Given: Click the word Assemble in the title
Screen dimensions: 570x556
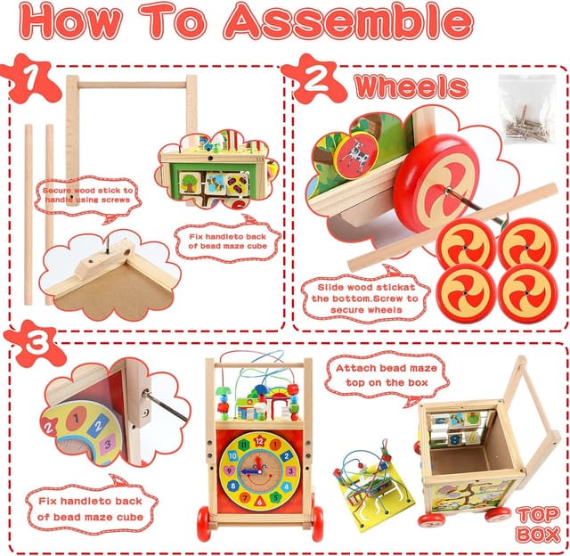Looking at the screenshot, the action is pos(348,21).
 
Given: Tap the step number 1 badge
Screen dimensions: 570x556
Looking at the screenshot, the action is pos(30,78).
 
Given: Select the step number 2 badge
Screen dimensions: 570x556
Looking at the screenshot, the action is pos(314,78).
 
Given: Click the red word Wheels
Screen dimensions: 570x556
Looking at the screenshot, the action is pos(411,87).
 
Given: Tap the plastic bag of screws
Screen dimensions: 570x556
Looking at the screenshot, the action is pos(527,109).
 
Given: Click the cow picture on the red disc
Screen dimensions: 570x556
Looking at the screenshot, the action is pos(356,156).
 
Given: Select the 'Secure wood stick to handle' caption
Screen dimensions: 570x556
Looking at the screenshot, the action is pos(87,195).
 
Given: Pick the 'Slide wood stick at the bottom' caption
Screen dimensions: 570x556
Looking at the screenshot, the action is pos(366,298).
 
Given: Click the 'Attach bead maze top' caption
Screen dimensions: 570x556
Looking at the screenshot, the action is pos(387,375).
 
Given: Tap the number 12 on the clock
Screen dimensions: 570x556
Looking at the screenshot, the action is pos(259,441).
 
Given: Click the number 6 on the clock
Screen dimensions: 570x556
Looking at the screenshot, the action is pos(259,503).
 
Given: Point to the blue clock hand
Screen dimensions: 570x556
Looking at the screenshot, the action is pos(250,472).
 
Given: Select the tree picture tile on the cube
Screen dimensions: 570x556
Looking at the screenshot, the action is pos(190,182).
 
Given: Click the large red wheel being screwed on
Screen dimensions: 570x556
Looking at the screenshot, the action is pos(436,182).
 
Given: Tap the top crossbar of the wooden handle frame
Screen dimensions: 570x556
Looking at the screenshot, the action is pos(133,85).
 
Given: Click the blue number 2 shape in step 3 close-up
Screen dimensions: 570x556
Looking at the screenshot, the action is pos(97,425).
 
